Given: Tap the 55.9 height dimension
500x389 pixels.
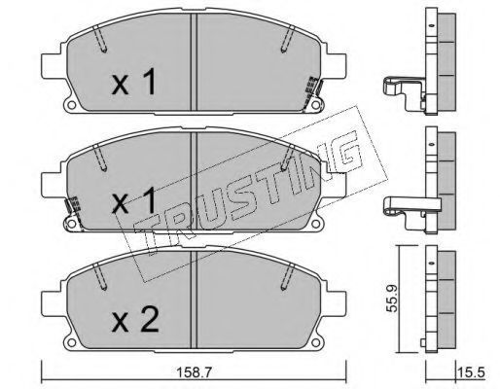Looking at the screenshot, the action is [391, 299].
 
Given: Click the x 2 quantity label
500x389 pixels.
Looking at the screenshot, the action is [135, 321].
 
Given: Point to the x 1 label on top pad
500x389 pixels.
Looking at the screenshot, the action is [134, 83].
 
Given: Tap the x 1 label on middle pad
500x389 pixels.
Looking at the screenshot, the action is [134, 201].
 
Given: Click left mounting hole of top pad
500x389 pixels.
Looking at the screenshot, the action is [72, 105].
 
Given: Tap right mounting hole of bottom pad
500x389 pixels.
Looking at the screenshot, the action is [315, 342].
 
